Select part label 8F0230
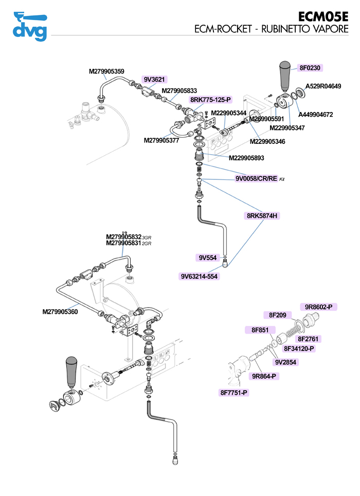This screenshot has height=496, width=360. [x=311, y=67]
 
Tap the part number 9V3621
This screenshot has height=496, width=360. [x=154, y=79]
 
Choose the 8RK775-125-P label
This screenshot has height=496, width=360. [x=211, y=99]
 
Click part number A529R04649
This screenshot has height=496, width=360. [x=323, y=86]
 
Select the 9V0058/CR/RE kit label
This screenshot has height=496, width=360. [x=256, y=179]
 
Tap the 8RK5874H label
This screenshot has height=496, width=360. [x=261, y=216]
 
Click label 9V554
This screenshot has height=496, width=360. [x=208, y=258]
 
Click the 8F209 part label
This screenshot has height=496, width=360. [x=277, y=315]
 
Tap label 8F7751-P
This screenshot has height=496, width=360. [x=234, y=393]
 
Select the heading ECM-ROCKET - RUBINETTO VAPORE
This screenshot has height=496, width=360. [x=271, y=29]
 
